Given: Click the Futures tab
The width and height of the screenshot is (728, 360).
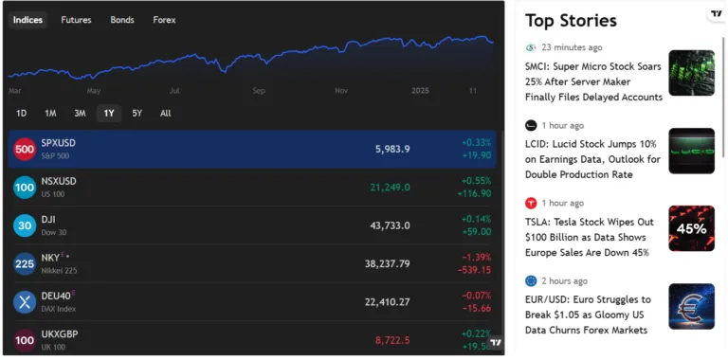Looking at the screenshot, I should tap(76, 19).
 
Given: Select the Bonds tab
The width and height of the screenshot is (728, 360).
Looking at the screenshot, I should tap(122, 19).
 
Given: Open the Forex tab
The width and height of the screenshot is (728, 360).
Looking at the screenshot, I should tap(164, 19).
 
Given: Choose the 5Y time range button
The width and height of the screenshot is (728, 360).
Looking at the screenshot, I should tap(137, 114).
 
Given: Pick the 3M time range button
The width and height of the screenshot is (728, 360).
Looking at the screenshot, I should tap(80, 114).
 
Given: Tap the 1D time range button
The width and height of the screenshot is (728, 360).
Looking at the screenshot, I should tap(21, 114).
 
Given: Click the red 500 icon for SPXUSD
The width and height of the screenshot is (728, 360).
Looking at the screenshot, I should tap(25, 149).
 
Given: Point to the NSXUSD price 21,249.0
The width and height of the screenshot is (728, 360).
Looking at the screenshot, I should tap(390, 188).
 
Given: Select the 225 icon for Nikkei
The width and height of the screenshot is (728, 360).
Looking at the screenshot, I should tap(25, 263).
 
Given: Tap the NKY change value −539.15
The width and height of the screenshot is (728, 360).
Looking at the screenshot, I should tap(474, 270).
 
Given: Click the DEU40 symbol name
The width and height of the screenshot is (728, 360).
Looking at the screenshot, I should tap(57, 295).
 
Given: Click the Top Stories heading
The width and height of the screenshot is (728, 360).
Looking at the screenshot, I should tap(571, 20).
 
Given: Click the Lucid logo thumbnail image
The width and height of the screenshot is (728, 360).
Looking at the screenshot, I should tap(691, 151).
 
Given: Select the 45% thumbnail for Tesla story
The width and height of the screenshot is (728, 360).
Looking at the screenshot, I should tap(691, 228).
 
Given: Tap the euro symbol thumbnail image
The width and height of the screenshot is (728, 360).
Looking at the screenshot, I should tap(691, 306).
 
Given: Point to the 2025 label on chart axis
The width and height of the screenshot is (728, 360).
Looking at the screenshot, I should tap(421, 91).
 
